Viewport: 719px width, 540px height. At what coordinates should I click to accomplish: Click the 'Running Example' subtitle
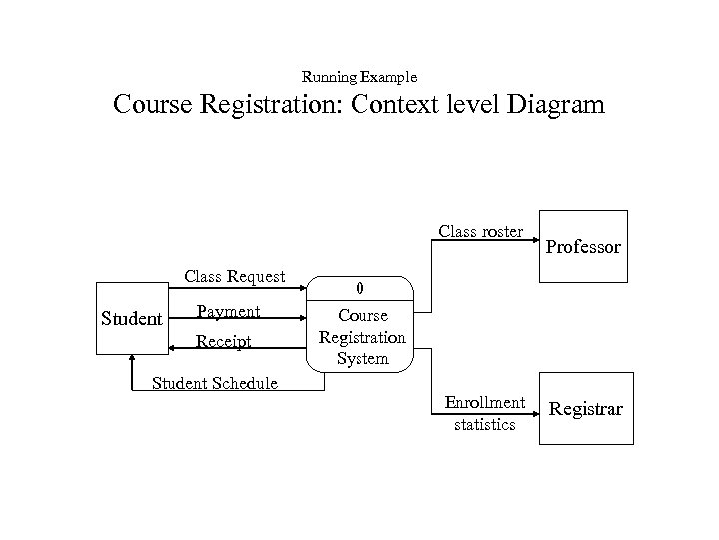[x=359, y=77]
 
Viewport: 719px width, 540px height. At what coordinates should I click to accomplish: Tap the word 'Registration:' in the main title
[x=268, y=105]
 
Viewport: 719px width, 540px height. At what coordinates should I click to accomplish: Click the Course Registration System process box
[x=361, y=323]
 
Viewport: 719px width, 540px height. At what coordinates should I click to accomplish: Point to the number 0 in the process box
[x=361, y=289]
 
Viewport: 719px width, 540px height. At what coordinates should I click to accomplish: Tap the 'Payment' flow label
[x=228, y=311]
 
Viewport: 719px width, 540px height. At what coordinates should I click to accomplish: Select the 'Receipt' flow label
[x=224, y=342]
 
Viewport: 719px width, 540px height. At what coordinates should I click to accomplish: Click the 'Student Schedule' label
[x=214, y=383]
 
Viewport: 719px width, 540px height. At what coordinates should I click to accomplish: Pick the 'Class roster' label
[x=480, y=232]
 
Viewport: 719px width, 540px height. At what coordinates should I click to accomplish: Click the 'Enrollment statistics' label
[x=484, y=413]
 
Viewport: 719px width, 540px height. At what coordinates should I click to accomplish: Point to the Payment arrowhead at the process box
[x=306, y=320]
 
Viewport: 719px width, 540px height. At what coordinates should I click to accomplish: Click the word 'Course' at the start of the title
[x=161, y=105]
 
